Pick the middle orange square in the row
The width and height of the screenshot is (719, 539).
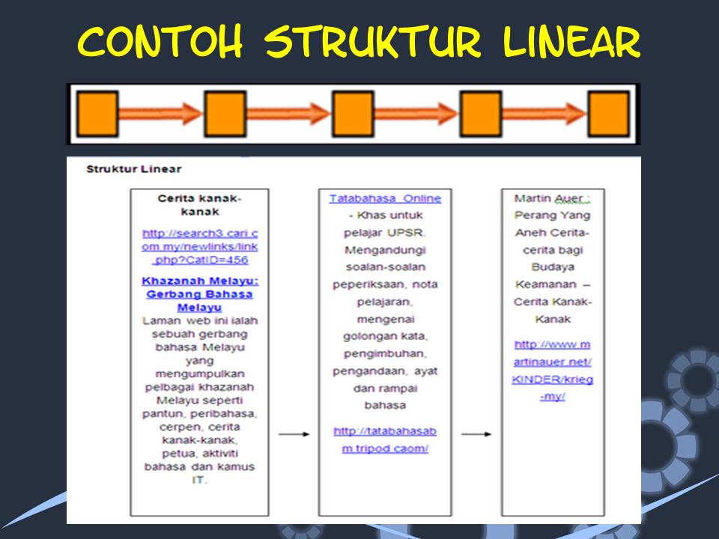tap(353, 114)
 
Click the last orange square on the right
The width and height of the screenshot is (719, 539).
tap(607, 114)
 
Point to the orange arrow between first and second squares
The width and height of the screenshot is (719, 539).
tap(160, 114)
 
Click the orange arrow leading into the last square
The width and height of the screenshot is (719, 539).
tap(544, 114)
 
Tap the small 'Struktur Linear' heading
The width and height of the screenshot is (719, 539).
tap(134, 169)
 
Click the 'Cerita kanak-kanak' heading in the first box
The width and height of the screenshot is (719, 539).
tap(200, 205)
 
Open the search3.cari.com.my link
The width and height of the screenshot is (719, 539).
tap(200, 246)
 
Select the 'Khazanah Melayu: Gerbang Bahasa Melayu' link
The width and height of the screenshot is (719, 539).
tap(200, 294)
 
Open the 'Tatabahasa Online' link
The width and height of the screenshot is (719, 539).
tap(385, 198)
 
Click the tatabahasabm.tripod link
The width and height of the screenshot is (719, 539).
tap(385, 439)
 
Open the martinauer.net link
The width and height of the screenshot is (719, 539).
tap(553, 370)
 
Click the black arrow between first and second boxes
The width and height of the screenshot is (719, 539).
tap(294, 434)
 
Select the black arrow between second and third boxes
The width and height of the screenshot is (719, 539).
tap(476, 434)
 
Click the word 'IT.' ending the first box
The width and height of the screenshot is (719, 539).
tap(200, 480)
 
